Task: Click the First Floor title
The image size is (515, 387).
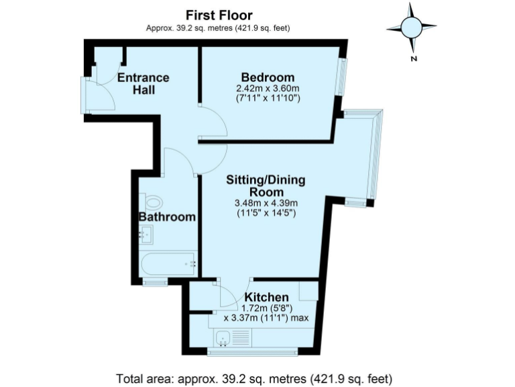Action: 218,15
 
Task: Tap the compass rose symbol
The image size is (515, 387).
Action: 412,28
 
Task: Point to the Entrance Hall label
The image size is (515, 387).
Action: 143,83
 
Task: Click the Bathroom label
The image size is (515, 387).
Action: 167,216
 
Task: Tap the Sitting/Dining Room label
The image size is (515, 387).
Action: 266,185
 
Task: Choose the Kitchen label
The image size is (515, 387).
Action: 266,297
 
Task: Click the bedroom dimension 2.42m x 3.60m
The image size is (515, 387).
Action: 267,88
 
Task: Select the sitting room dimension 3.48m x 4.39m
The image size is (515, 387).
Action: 266,204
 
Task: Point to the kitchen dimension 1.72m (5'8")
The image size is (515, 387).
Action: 266,308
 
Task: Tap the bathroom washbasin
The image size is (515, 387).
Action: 147,234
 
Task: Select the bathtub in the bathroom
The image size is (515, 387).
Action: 168,263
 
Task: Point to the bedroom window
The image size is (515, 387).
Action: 341,76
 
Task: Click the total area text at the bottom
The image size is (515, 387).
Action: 254,376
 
